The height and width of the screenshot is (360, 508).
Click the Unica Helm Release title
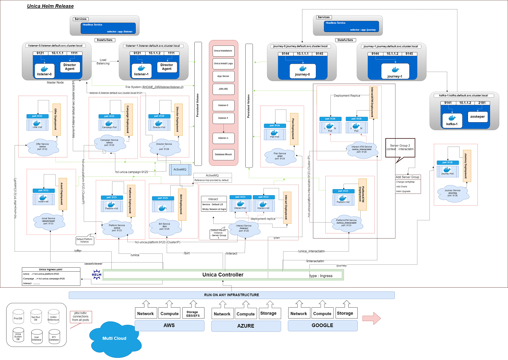(x=50, y=6)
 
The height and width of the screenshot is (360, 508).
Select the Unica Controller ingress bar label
(x=223, y=275)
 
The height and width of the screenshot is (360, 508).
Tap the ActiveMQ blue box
(x=180, y=169)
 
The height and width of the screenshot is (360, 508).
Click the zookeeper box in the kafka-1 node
(x=477, y=117)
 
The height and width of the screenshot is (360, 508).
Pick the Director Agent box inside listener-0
(x=70, y=67)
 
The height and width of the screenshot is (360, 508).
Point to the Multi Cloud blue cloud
(x=115, y=338)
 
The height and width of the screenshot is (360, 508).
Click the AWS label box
(x=169, y=325)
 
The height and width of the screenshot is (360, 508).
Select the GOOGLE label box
(x=322, y=325)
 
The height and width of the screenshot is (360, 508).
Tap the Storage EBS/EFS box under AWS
(x=193, y=314)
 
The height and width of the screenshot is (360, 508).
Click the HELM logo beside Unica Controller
(x=96, y=275)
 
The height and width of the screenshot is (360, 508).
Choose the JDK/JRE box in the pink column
(x=223, y=89)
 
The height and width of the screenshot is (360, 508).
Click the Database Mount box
(x=223, y=155)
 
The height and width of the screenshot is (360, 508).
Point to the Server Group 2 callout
(x=400, y=148)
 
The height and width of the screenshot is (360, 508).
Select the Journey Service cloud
(x=452, y=193)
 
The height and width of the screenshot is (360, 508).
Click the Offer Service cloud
(x=42, y=147)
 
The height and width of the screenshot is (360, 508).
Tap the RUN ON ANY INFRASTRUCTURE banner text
(x=231, y=295)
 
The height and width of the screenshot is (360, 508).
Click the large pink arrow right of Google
(x=372, y=318)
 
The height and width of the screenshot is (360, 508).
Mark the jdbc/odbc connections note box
(x=80, y=317)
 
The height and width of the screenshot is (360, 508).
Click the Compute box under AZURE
(x=246, y=314)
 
